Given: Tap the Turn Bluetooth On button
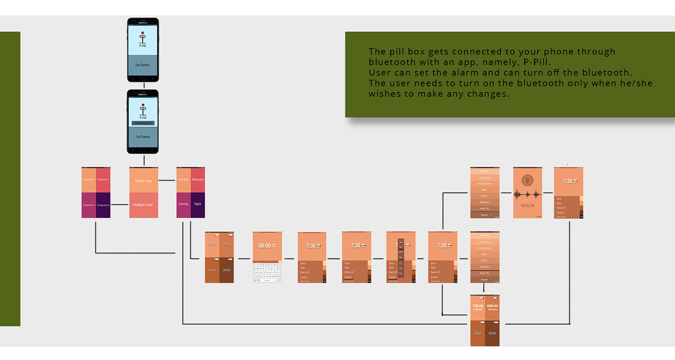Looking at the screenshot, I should coord(143,123).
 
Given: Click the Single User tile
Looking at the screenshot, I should coord(143,181).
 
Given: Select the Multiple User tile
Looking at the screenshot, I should coord(143,205).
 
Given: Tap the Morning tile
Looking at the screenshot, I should coord(183,180).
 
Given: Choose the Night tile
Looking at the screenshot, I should coord(198,204).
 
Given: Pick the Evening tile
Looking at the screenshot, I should coord(183,204).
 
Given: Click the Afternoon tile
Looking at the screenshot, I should coord(198,180).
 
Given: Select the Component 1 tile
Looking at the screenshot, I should coord(88,180).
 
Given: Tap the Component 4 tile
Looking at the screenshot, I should coord(103,205).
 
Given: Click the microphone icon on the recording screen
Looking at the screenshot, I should coord(527,180).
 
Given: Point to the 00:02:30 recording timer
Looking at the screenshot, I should coord(527,205).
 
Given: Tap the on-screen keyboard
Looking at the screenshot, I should coord(267,272).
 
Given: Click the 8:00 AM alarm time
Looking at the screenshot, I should coord(492,306).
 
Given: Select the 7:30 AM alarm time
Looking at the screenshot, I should coord(477,306).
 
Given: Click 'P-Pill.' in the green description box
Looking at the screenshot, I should coord(536,62).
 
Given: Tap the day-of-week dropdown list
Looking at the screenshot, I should coord(401,257).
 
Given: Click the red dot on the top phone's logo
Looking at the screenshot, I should coord(143,32).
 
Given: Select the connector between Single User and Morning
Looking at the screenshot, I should coord(167,180).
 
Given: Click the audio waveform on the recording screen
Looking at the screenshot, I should coord(527,194).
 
